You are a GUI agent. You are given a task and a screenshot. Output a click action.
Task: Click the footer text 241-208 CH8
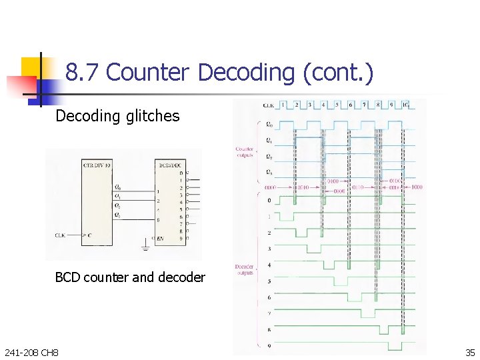pyautogui.click(x=31, y=352)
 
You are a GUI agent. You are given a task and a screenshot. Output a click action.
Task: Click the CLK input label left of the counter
pyautogui.click(x=61, y=235)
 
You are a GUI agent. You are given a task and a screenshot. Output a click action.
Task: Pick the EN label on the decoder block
pyautogui.click(x=160, y=239)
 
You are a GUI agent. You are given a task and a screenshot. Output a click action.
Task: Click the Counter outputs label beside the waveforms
pyautogui.click(x=245, y=152)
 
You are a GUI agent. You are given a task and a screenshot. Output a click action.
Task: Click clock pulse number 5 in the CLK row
pyautogui.click(x=337, y=105)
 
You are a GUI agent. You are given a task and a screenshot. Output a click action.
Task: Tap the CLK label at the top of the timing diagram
pyautogui.click(x=269, y=105)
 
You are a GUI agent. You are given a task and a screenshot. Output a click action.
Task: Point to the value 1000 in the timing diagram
pyautogui.click(x=416, y=187)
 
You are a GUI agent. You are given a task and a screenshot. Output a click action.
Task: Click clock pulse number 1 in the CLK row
pyautogui.click(x=283, y=105)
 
